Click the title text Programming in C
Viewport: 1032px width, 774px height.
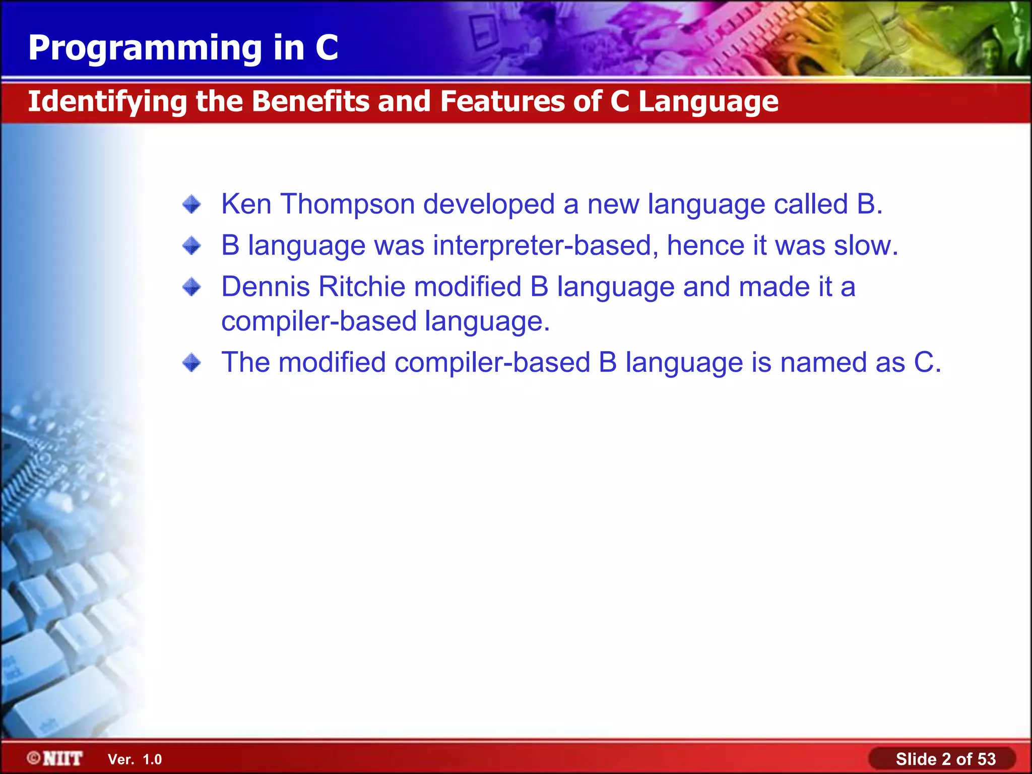183,48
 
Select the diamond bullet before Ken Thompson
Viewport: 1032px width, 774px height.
191,205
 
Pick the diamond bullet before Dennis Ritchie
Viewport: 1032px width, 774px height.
191,287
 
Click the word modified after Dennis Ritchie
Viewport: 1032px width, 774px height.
468,287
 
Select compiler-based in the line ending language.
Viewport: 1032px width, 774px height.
318,321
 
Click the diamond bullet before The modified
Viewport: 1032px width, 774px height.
191,363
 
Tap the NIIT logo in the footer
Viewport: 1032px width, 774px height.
55,758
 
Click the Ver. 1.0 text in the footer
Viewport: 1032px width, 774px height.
135,759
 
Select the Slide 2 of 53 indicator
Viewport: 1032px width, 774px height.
945,759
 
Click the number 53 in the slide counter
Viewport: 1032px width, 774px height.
986,759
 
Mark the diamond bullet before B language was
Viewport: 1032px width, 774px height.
191,246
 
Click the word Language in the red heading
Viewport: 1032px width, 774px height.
708,101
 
